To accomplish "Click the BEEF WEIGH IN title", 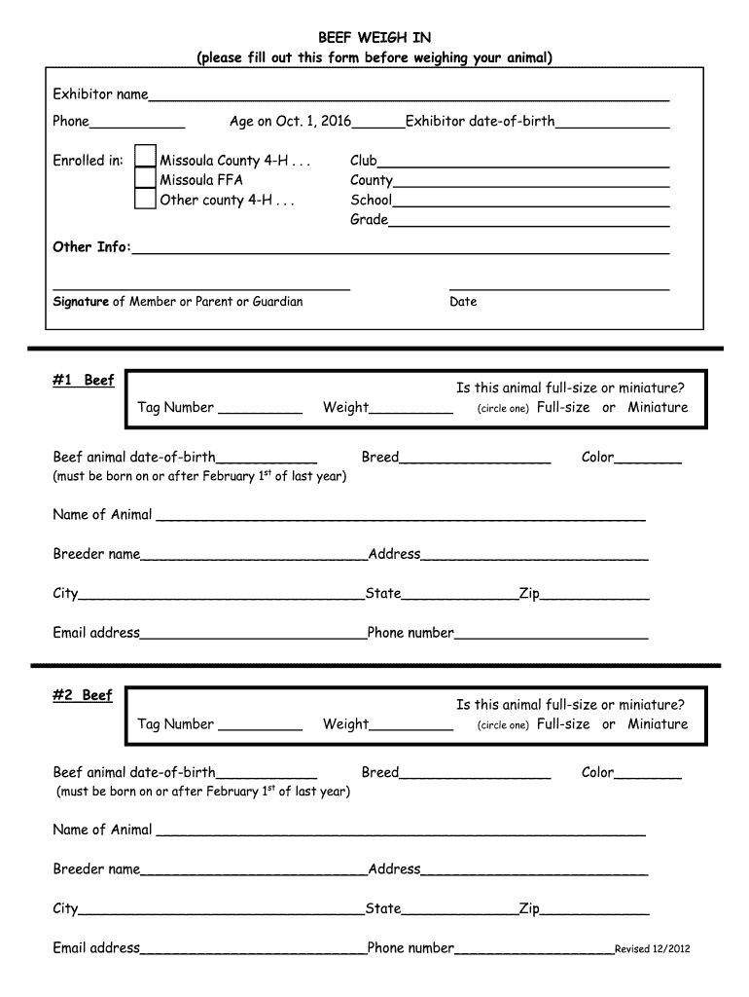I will click(374, 38).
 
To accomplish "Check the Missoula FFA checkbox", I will click(145, 179).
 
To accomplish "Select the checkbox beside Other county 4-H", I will click(145, 200).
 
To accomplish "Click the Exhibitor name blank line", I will click(409, 97).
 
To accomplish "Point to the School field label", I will click(371, 200).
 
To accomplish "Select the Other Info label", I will click(90, 247).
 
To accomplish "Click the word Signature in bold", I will click(81, 302).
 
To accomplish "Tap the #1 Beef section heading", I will click(84, 380).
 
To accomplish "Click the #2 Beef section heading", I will click(84, 695).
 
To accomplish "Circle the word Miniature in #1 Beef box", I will click(657, 408).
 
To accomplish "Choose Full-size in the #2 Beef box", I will click(563, 724).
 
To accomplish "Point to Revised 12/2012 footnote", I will click(652, 950).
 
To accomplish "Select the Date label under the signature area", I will click(463, 302).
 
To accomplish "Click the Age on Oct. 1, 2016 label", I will click(291, 122).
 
